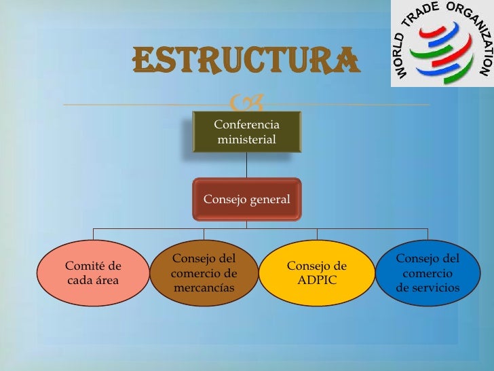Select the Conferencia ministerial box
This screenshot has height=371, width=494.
click(246, 132)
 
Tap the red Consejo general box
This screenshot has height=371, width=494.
click(247, 200)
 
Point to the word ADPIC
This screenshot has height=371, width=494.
click(317, 280)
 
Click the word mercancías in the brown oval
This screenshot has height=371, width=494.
click(204, 288)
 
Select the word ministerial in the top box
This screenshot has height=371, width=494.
click(246, 140)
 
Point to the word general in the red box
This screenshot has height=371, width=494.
click(268, 200)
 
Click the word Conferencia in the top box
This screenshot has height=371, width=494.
click(246, 124)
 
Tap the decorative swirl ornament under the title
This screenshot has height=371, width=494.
click(246, 104)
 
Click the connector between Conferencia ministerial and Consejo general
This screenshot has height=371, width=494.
click(247, 165)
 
